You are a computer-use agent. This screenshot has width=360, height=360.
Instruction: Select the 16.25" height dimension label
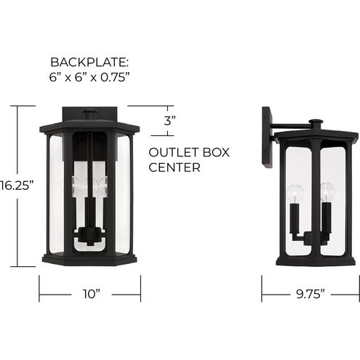pyautogui.click(x=17, y=185)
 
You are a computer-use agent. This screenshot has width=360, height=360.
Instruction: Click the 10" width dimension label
pyautogui.click(x=90, y=294)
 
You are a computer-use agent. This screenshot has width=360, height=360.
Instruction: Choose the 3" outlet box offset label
pyautogui.click(x=169, y=121)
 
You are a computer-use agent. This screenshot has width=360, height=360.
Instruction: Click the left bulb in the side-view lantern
pyautogui.click(x=295, y=193)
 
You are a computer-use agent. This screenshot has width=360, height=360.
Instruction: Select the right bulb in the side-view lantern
pyautogui.click(x=328, y=191)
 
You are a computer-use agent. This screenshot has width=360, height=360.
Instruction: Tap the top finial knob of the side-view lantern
pyautogui.click(x=316, y=123)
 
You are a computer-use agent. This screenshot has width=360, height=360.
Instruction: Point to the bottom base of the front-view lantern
pyautogui.click(x=90, y=258)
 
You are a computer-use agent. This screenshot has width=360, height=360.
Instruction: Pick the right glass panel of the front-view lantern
pyautogui.click(x=123, y=193)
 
